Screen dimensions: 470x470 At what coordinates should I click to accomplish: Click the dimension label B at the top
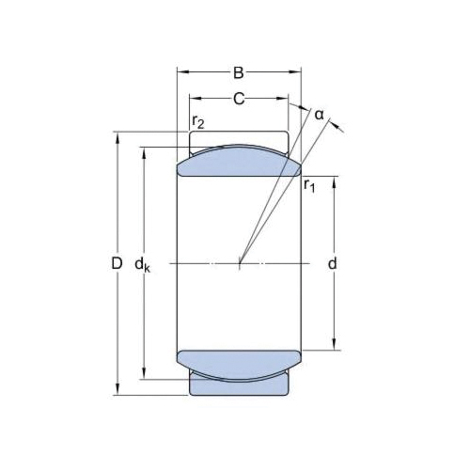pos(239,71)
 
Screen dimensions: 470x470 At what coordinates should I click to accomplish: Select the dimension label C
pos(239,98)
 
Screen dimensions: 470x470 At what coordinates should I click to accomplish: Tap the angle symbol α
pos(319,115)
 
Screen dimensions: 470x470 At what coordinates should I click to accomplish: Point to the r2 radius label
pos(197,121)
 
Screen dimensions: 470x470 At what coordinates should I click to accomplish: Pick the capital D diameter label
pos(117,264)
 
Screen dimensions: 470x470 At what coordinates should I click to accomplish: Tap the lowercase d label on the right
pos(333,264)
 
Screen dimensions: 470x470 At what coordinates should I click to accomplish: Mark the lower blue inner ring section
pos(239,365)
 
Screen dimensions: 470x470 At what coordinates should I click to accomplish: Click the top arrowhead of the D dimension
pos(117,137)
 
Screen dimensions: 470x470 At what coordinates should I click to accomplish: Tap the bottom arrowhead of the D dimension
pos(117,391)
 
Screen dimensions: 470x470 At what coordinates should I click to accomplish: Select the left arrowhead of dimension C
pos(194,98)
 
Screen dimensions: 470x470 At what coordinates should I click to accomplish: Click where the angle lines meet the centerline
pos(240,264)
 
